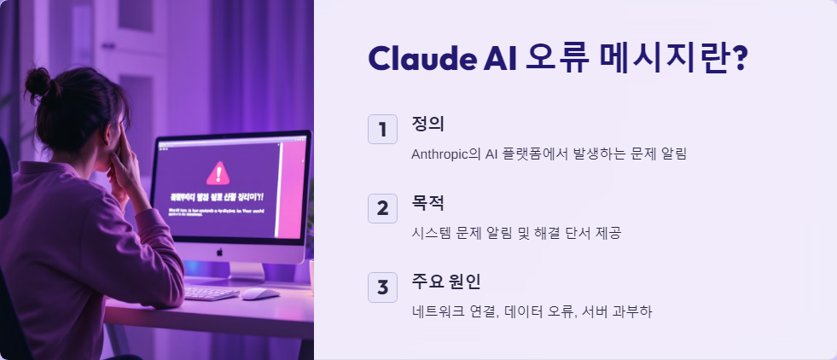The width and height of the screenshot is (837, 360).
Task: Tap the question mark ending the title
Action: (739, 59)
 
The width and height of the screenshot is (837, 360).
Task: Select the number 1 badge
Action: (382, 130)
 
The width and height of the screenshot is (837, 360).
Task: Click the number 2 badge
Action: (382, 208)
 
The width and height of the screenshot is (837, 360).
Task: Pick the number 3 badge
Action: (382, 287)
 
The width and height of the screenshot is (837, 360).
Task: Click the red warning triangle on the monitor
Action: (219, 173)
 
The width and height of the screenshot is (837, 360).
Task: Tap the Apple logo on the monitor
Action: (218, 253)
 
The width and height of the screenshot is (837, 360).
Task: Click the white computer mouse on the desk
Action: (259, 293)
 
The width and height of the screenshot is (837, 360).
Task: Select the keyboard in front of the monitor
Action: (210, 293)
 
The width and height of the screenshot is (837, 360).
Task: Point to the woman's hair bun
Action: (38, 82)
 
